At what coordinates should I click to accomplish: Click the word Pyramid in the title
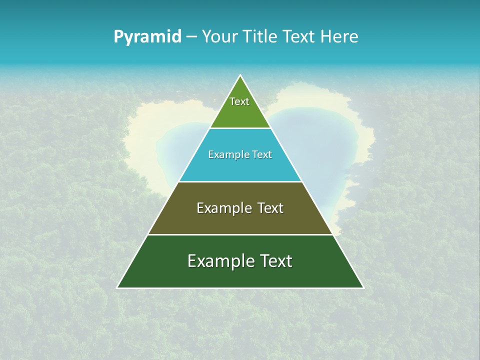tap(147, 37)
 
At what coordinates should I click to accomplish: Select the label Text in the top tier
tap(239, 101)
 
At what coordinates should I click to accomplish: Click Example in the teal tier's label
tap(224, 154)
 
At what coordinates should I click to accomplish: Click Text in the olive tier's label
tap(270, 208)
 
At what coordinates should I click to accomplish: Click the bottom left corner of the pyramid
tap(118, 287)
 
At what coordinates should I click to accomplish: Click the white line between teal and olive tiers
tap(240, 182)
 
